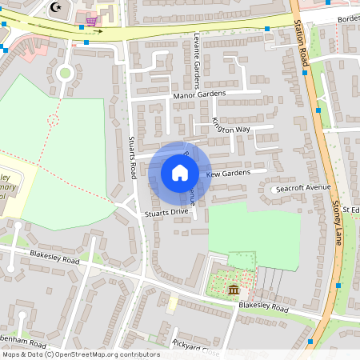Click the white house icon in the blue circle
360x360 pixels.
[x=180, y=172]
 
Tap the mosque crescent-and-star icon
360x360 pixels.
[x=55, y=7]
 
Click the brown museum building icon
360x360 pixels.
[x=233, y=289]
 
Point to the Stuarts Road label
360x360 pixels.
[x=133, y=157]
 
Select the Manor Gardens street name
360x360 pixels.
[x=199, y=94]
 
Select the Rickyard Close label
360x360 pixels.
[x=195, y=346]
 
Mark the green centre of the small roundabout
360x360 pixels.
[x=65, y=72]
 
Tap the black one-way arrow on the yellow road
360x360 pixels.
[x=97, y=32]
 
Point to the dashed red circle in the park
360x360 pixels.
[x=54, y=120]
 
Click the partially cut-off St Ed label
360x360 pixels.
[x=350, y=210]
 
